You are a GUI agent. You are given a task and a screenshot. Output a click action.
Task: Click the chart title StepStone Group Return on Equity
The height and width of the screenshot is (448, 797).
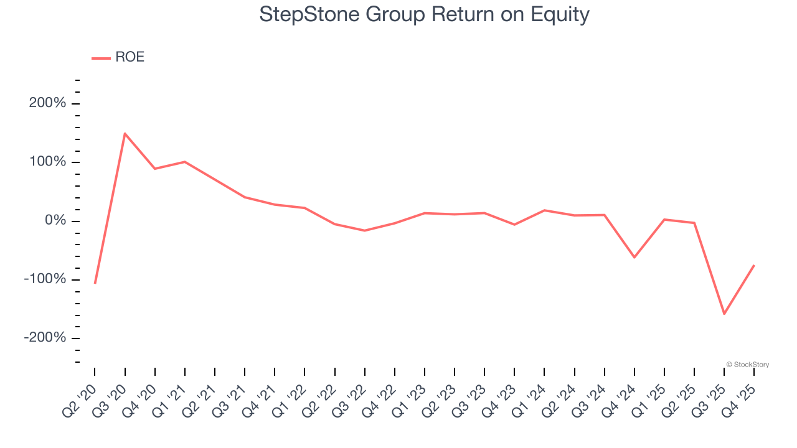click(x=424, y=14)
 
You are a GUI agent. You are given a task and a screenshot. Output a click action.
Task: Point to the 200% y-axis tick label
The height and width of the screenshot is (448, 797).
click(x=47, y=103)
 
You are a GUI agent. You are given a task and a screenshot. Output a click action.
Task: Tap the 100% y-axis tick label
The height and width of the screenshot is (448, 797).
click(x=47, y=162)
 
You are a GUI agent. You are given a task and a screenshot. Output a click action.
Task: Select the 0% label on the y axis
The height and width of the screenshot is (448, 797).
click(x=55, y=221)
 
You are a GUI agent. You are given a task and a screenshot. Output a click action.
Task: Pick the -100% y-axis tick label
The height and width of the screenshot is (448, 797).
click(x=45, y=279)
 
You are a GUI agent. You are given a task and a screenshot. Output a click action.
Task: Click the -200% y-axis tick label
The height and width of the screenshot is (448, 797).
click(x=45, y=337)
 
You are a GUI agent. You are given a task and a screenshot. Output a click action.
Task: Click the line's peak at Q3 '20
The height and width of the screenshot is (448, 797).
click(x=125, y=133)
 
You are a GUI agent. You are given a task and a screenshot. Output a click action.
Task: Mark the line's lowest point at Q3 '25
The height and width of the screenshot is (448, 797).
click(x=724, y=314)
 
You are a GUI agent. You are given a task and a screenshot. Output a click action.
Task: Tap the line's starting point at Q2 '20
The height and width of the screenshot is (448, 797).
click(x=95, y=283)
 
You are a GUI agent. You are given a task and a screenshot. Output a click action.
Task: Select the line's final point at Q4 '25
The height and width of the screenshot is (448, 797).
click(x=754, y=266)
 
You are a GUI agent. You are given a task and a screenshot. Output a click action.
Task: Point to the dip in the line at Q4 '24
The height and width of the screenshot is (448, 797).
click(x=634, y=257)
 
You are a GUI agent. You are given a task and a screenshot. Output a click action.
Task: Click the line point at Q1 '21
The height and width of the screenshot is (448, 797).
click(x=185, y=162)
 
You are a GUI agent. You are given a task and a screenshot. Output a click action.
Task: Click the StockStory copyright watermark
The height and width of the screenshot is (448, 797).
click(x=748, y=365)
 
